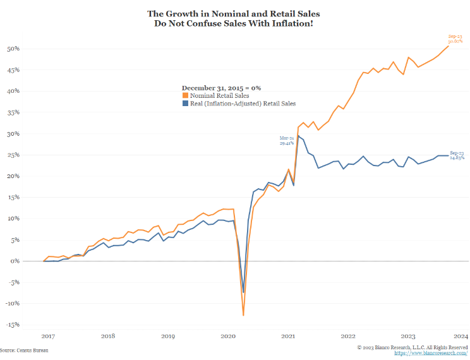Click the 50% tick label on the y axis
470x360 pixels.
coord(13,49)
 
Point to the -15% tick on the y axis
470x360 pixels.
coord(12,325)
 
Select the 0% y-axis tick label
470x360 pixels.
coord(15,261)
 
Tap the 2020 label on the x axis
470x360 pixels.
coord(228,336)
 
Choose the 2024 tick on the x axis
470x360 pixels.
coord(461,336)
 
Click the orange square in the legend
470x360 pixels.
coord(185,96)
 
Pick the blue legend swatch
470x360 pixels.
coord(185,104)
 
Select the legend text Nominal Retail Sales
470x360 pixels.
coord(219,96)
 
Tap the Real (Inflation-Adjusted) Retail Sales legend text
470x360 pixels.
coord(243,104)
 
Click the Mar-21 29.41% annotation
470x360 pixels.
coord(287,140)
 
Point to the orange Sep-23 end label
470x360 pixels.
coord(456,39)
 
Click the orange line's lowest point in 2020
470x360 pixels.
coord(243,315)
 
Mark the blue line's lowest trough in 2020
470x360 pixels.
coord(243,292)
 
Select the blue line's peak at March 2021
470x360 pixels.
coord(299,136)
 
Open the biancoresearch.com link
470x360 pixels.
coord(431,353)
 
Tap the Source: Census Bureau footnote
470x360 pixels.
coord(24,350)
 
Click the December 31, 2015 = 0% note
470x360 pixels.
coord(221,88)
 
